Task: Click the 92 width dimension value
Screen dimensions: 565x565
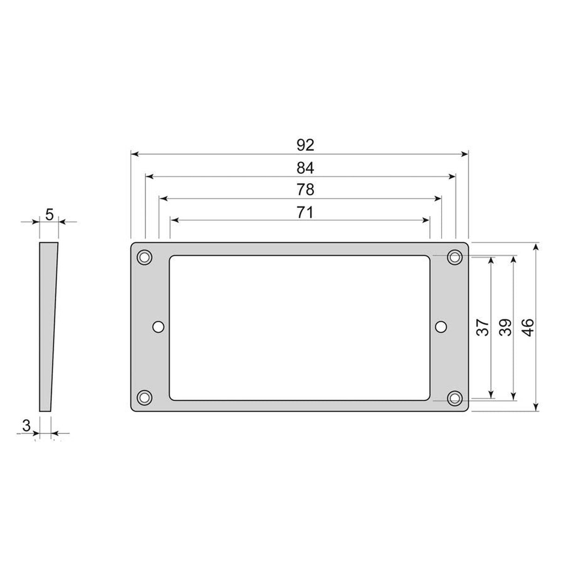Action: [305, 145]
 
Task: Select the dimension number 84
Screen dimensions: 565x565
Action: [305, 168]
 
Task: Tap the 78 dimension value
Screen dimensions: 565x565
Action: [305, 190]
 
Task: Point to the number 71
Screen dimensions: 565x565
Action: [305, 212]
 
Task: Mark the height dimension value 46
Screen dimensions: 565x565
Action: [528, 328]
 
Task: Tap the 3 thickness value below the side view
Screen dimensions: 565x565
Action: [26, 425]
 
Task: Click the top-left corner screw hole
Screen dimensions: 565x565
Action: [144, 256]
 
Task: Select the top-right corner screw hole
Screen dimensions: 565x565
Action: [454, 256]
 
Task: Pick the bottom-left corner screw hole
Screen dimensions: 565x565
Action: [144, 397]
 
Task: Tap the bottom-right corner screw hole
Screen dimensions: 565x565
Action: [454, 398]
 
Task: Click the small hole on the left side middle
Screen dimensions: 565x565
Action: [159, 327]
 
